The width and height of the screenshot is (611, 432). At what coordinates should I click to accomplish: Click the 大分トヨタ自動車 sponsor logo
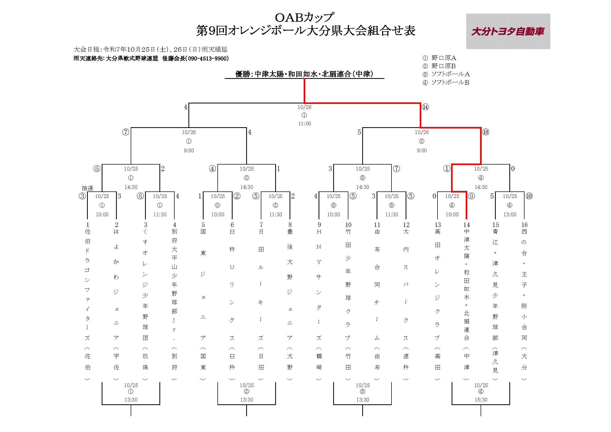[508, 31]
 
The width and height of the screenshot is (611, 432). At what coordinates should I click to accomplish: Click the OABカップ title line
[304, 17]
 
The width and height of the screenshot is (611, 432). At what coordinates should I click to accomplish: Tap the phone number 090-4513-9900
[208, 59]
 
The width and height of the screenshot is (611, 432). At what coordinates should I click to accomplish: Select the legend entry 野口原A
[443, 58]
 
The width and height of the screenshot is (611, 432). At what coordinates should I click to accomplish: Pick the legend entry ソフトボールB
[450, 83]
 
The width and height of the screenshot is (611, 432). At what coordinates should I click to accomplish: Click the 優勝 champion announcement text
[304, 74]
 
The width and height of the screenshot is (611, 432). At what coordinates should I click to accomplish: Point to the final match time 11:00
[304, 124]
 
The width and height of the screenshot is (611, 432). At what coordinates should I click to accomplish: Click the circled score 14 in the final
[425, 107]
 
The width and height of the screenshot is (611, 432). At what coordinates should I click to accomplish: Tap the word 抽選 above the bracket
[87, 188]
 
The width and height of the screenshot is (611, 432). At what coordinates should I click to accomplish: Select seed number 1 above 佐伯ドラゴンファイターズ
[88, 225]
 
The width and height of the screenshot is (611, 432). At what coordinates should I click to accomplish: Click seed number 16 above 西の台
[524, 225]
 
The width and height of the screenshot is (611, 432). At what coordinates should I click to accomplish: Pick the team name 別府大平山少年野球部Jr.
[174, 285]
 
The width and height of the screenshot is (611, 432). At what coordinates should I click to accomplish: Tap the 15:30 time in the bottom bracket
[481, 400]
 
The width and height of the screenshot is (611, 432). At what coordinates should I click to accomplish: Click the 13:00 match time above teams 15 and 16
[510, 214]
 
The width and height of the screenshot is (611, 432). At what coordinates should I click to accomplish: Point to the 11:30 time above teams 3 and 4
[160, 214]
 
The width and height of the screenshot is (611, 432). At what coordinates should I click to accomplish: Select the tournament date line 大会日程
[150, 49]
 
